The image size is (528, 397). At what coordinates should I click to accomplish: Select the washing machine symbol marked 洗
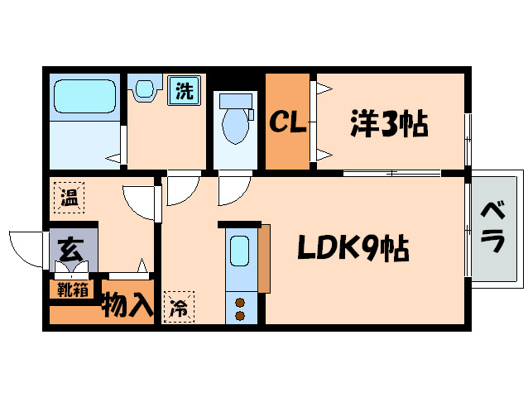pos(184,90)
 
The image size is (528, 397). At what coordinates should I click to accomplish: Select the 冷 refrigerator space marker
pos(178,308)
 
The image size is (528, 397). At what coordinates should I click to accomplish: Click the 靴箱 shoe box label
pos(71,289)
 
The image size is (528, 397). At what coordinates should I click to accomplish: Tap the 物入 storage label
pos(127,306)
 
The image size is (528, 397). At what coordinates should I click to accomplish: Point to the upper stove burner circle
pos(241,302)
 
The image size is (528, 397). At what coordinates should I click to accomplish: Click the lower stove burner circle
pos(241,315)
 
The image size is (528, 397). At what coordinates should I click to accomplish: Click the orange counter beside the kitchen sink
pos(264,258)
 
